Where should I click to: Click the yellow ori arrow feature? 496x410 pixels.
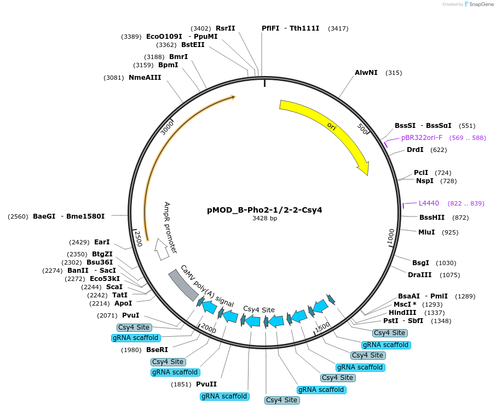click(334, 128)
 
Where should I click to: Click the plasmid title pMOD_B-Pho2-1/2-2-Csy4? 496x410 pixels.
click(264, 209)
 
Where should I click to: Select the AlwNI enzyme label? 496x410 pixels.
click(366, 73)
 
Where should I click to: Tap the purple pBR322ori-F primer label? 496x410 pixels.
click(422, 138)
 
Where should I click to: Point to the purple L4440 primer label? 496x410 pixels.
click(429, 203)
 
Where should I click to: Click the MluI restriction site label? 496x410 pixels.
click(426, 232)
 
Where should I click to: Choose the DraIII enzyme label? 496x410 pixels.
click(419, 275)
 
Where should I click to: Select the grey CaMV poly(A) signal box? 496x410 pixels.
click(183, 285)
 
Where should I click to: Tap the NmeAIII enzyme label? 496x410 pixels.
click(145, 78)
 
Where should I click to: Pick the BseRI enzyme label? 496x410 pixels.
click(157, 350)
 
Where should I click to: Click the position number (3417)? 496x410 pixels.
click(338, 28)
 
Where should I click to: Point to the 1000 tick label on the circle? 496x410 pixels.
click(390, 238)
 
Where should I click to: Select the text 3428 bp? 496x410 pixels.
click(264, 219)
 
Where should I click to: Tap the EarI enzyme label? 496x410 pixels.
click(102, 242)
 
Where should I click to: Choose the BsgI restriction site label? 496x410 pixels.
click(420, 263)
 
